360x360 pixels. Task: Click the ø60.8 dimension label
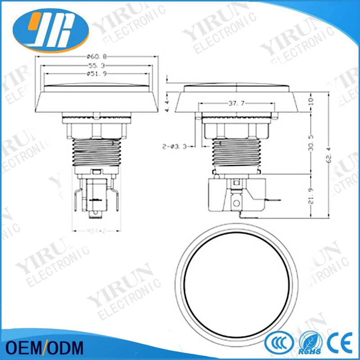pos(98,57)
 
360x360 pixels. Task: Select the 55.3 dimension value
pos(98,66)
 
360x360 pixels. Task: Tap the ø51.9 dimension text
pos(98,74)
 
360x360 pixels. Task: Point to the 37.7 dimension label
pos(235,103)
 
